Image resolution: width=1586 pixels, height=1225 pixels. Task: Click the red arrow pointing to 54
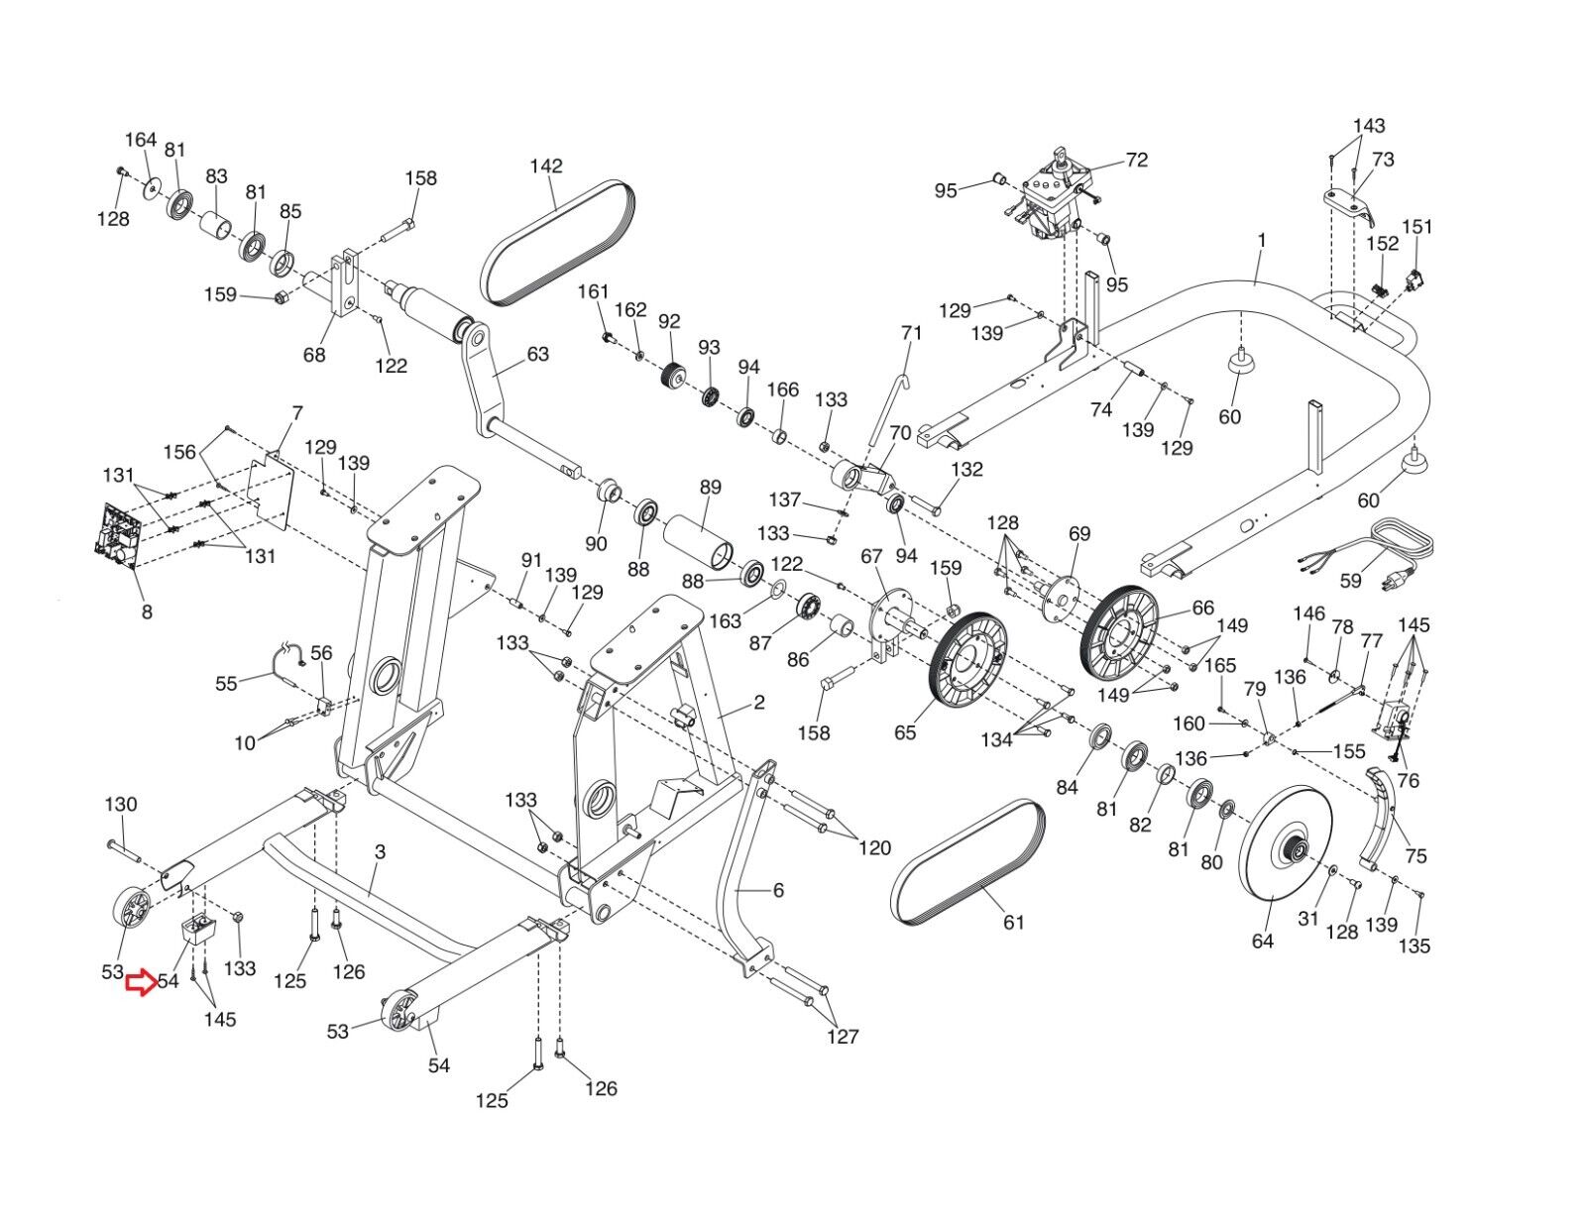point(140,983)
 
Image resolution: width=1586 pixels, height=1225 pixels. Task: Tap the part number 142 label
point(546,166)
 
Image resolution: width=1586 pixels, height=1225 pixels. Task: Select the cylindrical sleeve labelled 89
point(698,541)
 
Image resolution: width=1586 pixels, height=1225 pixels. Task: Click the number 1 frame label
point(1262,239)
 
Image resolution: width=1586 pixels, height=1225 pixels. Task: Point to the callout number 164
point(141,140)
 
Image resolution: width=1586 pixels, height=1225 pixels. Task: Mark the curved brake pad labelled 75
point(1382,819)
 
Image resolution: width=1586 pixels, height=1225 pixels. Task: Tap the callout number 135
point(1414,947)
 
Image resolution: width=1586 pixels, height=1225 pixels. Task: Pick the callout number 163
point(725,620)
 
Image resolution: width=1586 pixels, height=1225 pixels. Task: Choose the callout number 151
point(1417,227)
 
